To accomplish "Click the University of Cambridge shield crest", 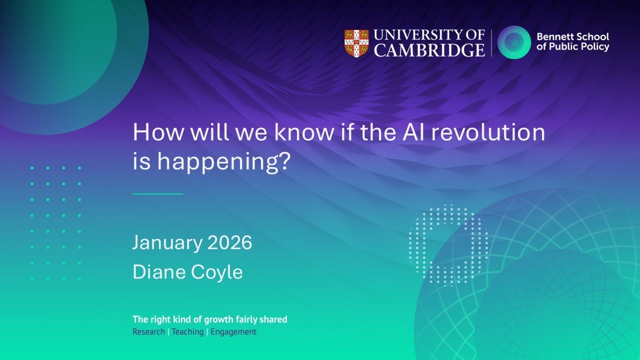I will (356, 43).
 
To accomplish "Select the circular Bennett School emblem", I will (514, 42).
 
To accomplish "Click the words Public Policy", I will (585, 47).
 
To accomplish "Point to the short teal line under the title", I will (157, 193).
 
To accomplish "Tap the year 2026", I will (229, 243).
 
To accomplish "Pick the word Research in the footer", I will (148, 332).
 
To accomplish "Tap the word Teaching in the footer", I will (187, 332).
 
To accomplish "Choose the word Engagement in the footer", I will (233, 332).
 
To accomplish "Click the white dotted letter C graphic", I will (447, 245).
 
